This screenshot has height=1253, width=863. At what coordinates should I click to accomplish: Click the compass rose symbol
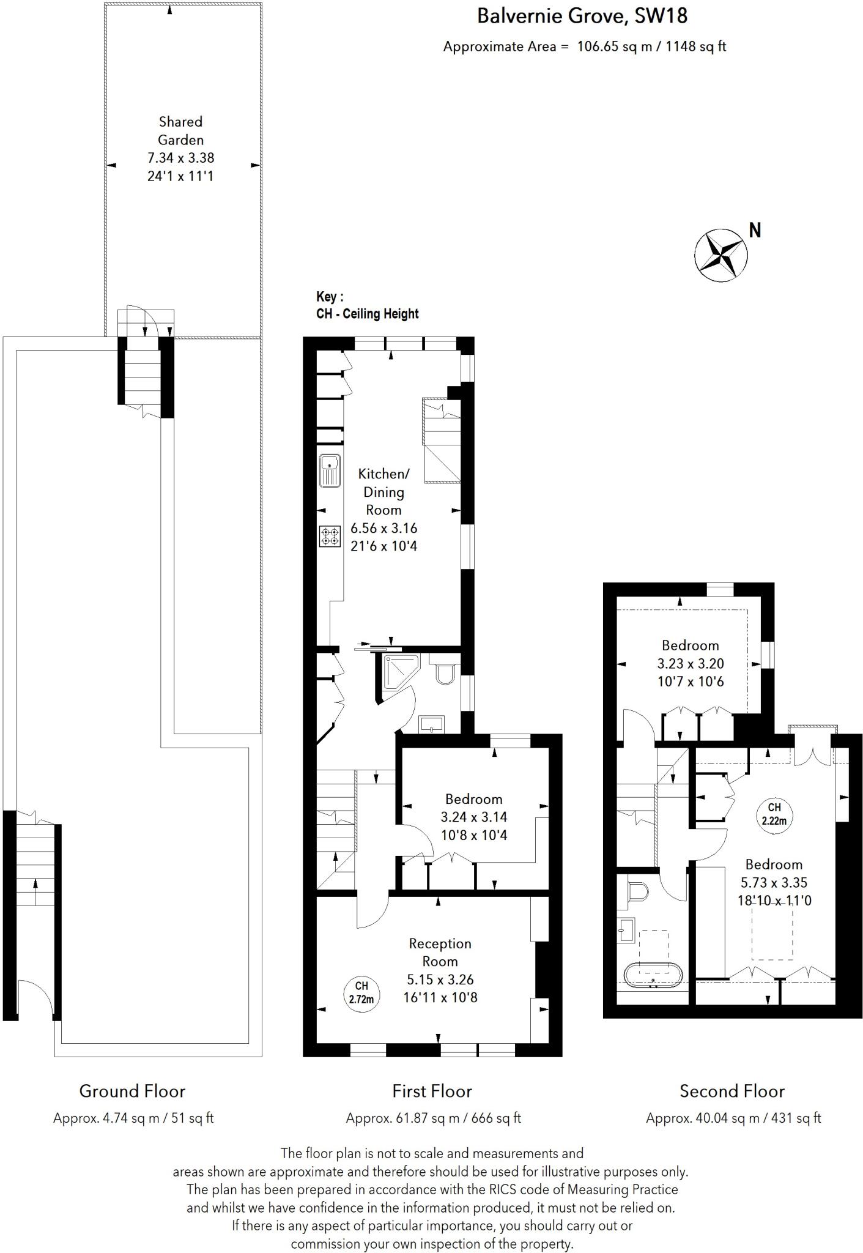[x=721, y=256]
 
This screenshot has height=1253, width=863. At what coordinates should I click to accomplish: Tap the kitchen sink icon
[x=330, y=470]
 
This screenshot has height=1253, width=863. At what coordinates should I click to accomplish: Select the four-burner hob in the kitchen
[x=330, y=537]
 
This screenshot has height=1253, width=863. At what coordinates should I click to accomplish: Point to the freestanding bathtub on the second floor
[x=653, y=973]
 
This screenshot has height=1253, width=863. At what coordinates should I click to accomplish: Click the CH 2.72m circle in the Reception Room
[x=361, y=992]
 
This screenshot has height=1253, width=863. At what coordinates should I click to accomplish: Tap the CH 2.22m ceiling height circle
[x=774, y=814]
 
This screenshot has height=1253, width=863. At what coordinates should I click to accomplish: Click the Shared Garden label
[x=180, y=130]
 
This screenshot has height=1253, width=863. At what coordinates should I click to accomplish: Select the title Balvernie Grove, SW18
[x=582, y=16]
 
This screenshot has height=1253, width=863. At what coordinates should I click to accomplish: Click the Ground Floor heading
[x=132, y=1091]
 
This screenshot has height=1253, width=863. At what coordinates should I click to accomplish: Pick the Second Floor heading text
[x=732, y=1091]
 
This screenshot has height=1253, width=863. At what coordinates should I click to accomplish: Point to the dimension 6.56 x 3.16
[x=383, y=528]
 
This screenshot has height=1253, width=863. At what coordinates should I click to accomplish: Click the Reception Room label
[x=440, y=952]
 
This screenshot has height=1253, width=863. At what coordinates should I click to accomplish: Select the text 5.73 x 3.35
[x=774, y=882]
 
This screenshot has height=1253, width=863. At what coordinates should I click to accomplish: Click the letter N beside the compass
[x=755, y=231]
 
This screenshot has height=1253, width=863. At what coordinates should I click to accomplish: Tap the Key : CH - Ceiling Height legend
[x=367, y=305]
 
